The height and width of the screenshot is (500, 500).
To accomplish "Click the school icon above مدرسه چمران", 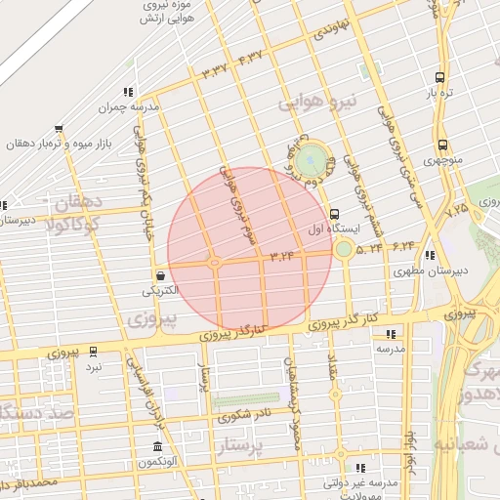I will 129,92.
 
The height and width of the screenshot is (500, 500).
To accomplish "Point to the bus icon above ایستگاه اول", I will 335,213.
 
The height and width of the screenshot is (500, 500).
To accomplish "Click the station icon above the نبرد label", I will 93,352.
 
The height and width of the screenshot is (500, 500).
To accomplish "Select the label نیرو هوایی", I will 319,101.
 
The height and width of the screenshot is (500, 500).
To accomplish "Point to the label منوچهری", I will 443,158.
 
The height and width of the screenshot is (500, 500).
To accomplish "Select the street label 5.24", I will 370,248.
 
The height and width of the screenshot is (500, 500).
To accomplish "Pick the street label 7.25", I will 456,209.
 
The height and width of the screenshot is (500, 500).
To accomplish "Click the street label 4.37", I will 251,58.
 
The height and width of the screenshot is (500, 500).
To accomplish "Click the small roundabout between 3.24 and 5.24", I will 344,250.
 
